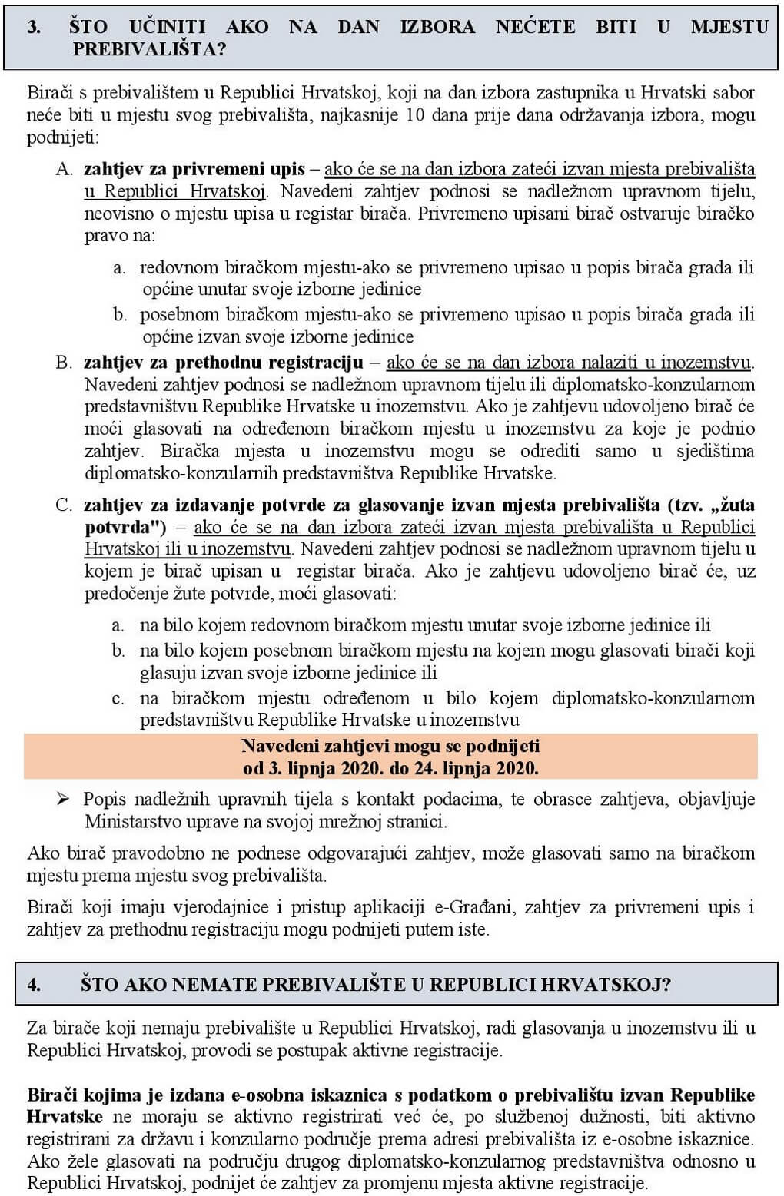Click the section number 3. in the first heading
[35, 27]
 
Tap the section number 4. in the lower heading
[35, 985]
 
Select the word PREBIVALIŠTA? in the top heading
[149, 49]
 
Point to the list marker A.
[65, 169]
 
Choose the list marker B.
[65, 362]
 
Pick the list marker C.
[65, 505]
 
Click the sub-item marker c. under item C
[118, 698]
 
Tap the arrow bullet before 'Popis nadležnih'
[63, 800]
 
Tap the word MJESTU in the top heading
[729, 27]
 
